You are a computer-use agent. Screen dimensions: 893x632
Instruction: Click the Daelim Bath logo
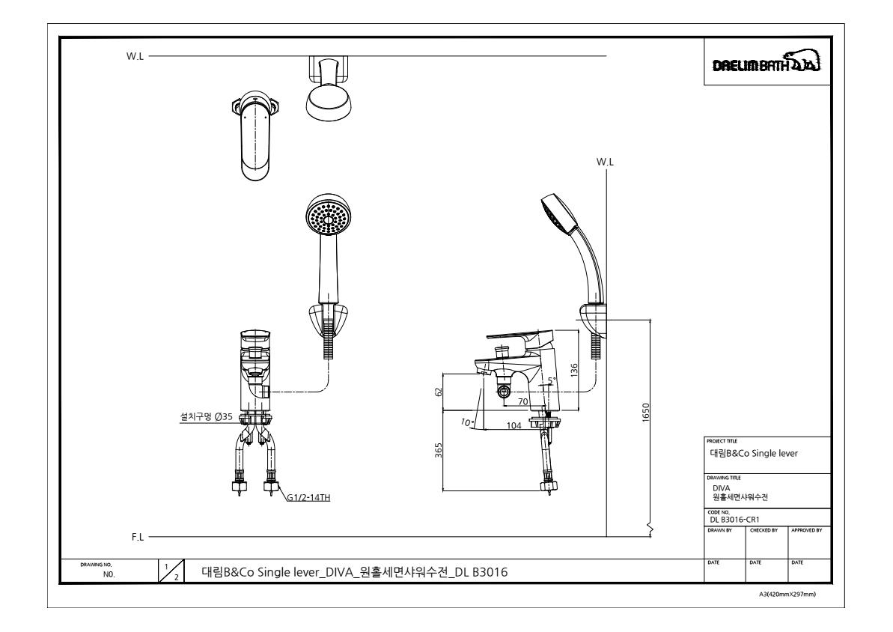(766, 62)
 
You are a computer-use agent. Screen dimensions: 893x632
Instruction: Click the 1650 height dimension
(645, 413)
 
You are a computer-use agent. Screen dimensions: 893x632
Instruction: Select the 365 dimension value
(438, 450)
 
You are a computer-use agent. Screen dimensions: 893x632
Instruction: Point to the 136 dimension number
(573, 371)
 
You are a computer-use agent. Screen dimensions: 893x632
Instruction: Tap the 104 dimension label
(513, 426)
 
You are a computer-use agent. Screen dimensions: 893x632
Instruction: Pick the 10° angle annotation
(467, 423)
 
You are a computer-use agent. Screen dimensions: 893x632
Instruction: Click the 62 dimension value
(438, 392)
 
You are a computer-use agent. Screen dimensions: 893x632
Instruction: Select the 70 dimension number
(522, 402)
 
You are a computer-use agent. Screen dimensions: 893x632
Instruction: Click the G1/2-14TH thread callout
(308, 497)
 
